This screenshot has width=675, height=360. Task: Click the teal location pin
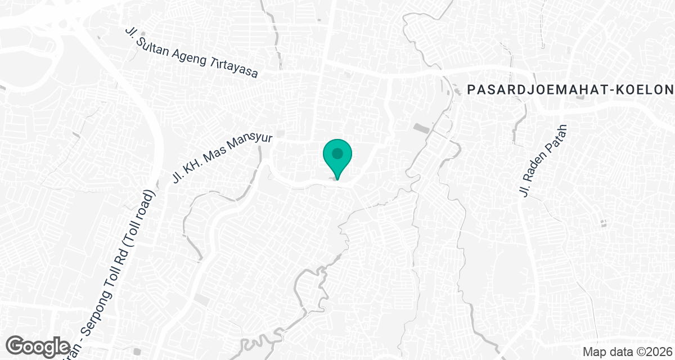click(x=337, y=157)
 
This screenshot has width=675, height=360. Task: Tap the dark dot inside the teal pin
click(x=337, y=153)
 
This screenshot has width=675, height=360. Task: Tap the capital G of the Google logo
click(x=18, y=345)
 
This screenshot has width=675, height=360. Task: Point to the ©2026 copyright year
click(x=653, y=352)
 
